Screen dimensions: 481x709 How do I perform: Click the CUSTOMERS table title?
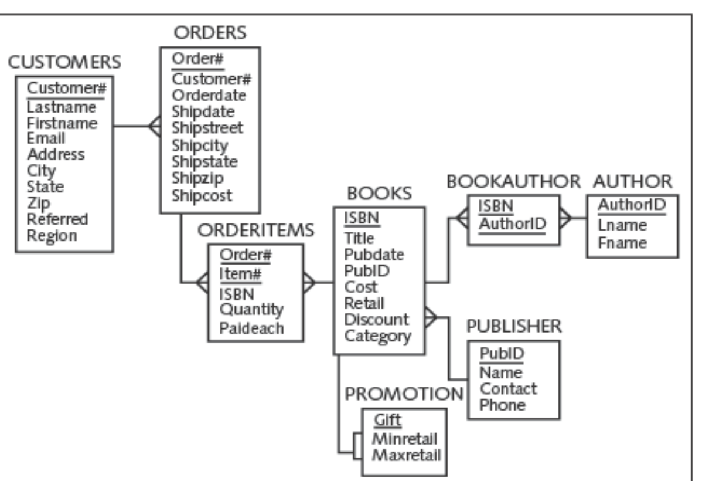coord(64,61)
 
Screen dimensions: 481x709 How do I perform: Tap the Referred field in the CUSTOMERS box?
coord(57,219)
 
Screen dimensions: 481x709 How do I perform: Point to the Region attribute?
coord(52,236)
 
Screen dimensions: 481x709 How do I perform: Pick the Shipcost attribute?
coord(202,195)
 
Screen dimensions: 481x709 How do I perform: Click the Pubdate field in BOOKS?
coord(374,255)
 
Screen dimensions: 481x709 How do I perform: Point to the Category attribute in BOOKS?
coord(378,336)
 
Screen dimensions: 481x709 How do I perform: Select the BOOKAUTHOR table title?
coord(513,181)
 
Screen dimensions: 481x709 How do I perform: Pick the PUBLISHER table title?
coord(514,326)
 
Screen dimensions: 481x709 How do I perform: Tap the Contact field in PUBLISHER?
coord(507,388)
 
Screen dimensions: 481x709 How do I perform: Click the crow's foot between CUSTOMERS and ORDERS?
coord(154,126)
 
